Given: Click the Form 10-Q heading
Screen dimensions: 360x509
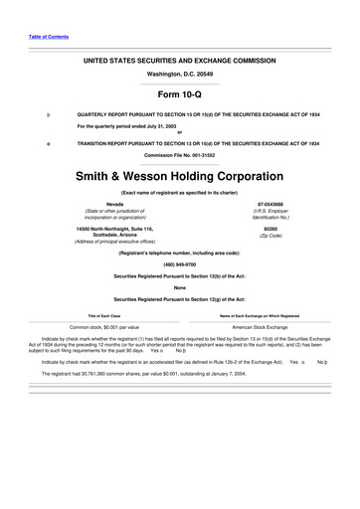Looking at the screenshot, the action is pos(180,94).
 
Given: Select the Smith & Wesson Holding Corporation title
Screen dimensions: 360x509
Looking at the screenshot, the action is pos(180,175).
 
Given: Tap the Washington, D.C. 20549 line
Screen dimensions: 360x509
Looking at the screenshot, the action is pos(180,74).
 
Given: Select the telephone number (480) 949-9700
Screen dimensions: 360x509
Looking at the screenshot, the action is pos(180,264).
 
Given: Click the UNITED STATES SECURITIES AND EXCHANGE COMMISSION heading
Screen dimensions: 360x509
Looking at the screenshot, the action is pos(180,60).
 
